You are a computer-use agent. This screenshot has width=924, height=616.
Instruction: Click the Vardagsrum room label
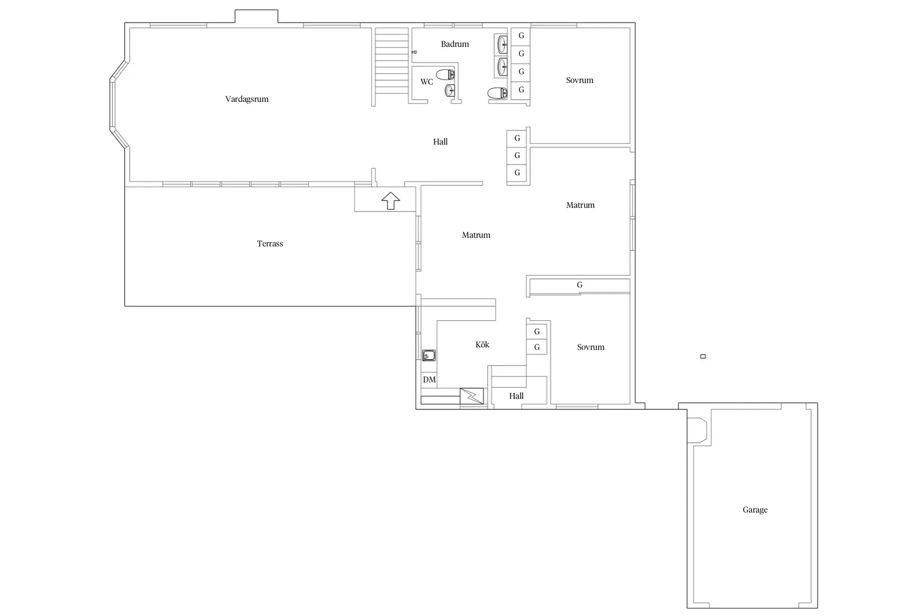[246, 100]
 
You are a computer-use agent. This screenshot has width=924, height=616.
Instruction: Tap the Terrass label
[270, 244]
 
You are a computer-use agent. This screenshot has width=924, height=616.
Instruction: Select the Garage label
[755, 510]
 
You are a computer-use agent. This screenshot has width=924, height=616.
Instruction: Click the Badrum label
[455, 44]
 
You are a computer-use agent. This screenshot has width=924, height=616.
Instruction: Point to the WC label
[427, 82]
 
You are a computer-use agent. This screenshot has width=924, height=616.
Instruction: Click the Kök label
[482, 344]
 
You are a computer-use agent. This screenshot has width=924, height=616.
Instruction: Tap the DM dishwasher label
[429, 380]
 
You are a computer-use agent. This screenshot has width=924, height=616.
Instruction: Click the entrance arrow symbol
[390, 201]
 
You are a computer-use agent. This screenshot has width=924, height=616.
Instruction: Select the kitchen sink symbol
[428, 355]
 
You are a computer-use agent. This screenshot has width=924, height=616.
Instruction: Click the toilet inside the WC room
[446, 74]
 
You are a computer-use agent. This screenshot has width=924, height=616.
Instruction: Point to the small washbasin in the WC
[450, 90]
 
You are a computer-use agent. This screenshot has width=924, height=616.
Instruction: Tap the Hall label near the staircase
[440, 142]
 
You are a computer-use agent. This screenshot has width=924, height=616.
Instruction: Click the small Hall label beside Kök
[516, 396]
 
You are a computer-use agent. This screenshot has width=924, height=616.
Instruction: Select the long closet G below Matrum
[580, 285]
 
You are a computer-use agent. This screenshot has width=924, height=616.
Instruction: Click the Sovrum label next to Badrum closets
[580, 81]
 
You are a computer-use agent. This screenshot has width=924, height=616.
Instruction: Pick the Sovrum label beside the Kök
[591, 347]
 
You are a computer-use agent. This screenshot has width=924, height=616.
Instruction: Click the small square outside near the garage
[703, 357]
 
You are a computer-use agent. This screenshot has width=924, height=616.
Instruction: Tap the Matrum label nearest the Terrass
[476, 235]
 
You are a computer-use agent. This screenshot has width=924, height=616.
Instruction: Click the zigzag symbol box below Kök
[472, 396]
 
